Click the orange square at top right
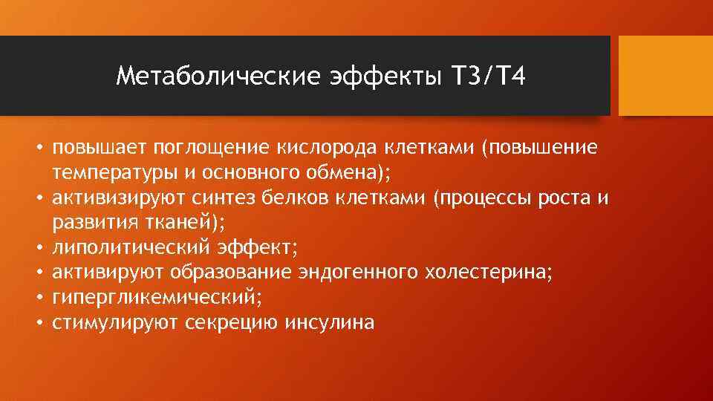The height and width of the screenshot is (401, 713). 665,76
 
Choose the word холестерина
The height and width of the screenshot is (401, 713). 486,274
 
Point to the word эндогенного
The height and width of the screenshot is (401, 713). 357,274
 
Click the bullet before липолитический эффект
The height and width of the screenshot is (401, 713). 36,249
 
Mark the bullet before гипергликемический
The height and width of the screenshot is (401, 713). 36,299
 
